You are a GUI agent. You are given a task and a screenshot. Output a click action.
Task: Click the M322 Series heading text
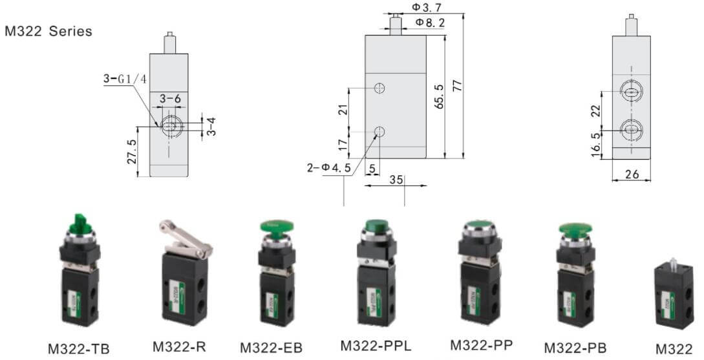coord(48,31)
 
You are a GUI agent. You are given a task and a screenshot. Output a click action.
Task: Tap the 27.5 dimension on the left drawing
coord(132,151)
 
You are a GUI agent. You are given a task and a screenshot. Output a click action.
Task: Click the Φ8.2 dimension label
coord(429,23)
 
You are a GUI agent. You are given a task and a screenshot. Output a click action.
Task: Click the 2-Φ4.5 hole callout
coord(329,168)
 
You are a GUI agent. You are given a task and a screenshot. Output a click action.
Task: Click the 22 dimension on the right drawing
coord(596,110)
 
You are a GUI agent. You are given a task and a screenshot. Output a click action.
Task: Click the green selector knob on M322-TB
coord(80,224)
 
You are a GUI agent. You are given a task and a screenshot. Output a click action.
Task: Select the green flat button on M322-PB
coord(575,229)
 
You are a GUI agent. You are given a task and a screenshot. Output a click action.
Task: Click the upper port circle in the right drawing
coord(631,93)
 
